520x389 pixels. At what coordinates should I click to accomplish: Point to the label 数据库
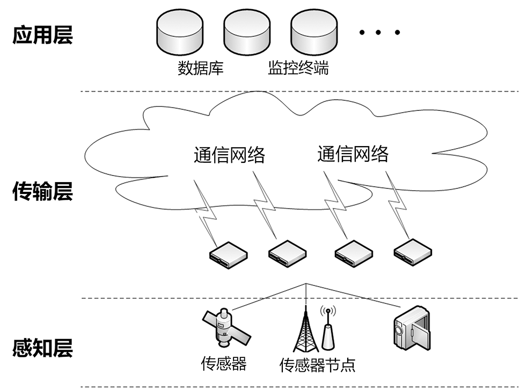pos(200,68)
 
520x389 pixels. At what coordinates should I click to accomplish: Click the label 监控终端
pos(298,68)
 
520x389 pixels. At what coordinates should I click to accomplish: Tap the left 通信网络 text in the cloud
pos(229,155)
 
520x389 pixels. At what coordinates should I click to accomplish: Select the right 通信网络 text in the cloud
pos(353,154)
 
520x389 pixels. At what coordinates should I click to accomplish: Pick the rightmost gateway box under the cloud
pos(413,250)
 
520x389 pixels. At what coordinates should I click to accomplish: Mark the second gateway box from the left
pos(288,252)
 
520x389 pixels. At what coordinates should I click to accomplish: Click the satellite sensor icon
pos(224,328)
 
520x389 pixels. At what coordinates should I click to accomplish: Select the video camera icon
pos(411,326)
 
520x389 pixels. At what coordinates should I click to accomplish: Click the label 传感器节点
pos(317,365)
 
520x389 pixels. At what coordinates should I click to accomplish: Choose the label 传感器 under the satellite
pos(224,364)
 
